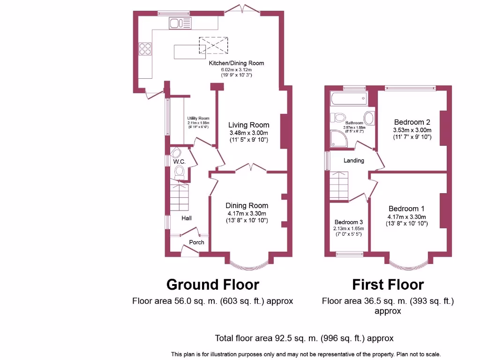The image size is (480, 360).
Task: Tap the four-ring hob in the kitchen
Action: (x=145, y=49)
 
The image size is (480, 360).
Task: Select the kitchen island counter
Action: (x=189, y=52)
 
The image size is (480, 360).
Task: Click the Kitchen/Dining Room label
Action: (x=236, y=63)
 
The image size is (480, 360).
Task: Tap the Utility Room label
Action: (x=198, y=118)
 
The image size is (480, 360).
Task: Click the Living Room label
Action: (x=249, y=125)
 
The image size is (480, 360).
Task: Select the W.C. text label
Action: (x=180, y=162)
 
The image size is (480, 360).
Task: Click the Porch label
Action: (x=196, y=242)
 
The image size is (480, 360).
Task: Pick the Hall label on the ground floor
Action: (x=187, y=218)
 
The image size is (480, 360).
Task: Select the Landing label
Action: (x=354, y=160)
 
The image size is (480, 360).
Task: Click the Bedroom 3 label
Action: (x=349, y=222)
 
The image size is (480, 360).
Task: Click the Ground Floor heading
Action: (x=213, y=285)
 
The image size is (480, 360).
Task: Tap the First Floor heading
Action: (x=388, y=285)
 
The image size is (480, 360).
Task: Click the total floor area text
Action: (x=304, y=338)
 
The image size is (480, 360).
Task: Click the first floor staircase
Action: (x=338, y=186)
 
